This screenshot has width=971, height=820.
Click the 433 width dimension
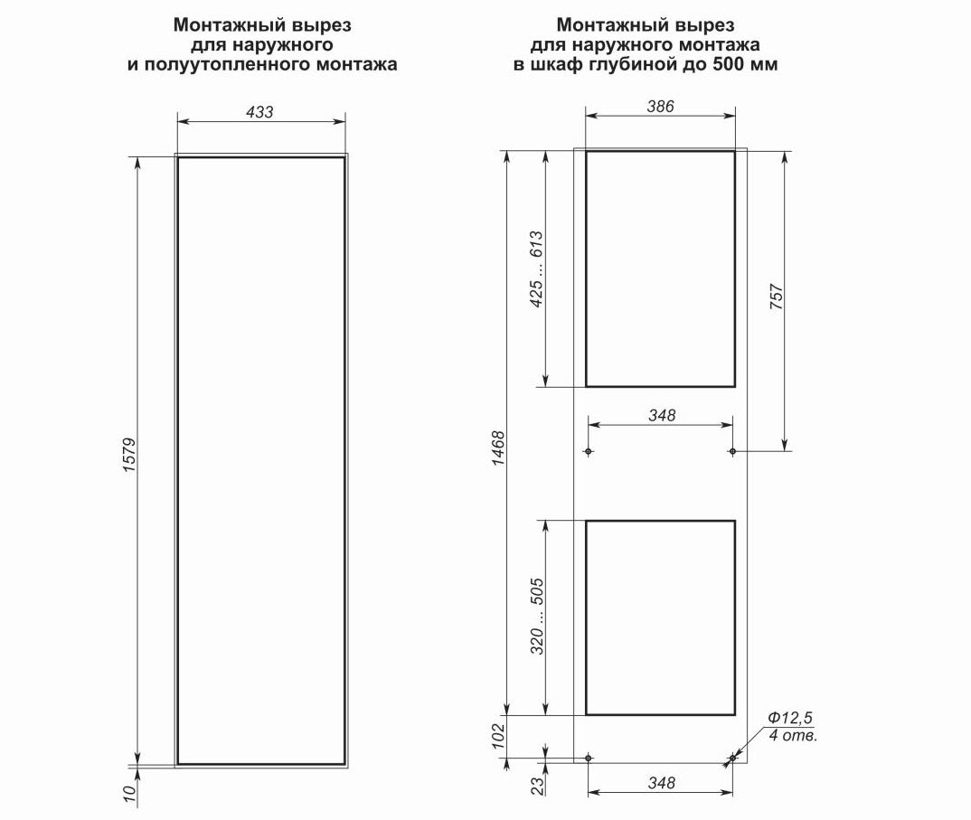(x=259, y=112)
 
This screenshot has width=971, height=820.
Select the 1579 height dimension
(x=129, y=456)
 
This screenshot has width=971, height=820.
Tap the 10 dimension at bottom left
(x=129, y=795)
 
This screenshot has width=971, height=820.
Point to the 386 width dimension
(x=660, y=107)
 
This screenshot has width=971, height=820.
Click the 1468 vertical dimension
(x=498, y=448)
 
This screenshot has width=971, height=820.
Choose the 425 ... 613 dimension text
(x=536, y=269)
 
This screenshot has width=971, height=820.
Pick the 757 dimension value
(x=777, y=297)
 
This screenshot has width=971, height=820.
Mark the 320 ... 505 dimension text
(x=537, y=617)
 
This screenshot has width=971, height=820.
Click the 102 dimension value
(x=499, y=737)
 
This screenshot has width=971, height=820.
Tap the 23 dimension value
(x=538, y=786)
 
